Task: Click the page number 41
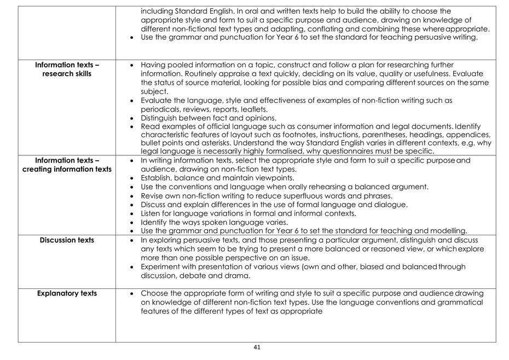(257, 347)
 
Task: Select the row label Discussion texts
(67, 240)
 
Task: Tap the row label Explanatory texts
(67, 293)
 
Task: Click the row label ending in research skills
(67, 69)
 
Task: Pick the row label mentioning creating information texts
(67, 165)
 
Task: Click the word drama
(239, 276)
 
